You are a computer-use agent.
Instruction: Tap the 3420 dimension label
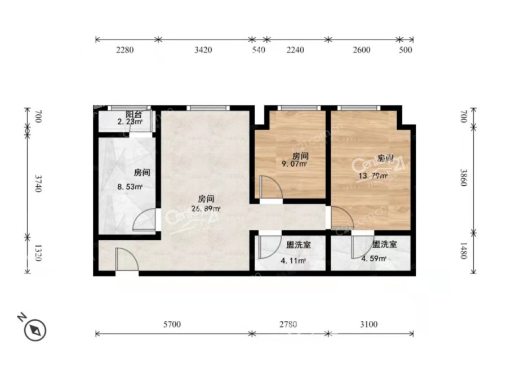tap(203, 50)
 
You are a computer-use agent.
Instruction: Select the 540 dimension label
tap(259, 50)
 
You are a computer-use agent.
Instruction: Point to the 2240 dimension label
tap(295, 50)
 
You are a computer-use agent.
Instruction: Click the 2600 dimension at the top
tap(362, 50)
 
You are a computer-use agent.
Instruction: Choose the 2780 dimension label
tap(288, 324)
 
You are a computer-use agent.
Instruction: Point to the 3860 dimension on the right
tap(463, 177)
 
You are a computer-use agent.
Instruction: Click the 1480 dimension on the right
tap(463, 251)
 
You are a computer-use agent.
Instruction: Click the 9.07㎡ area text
tap(294, 164)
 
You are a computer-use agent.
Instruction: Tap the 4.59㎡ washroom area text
tap(373, 259)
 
